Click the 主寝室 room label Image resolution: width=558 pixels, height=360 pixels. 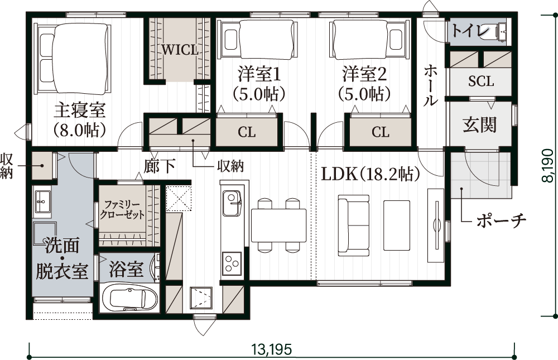tap(80, 111)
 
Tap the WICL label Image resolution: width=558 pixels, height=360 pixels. tap(180, 50)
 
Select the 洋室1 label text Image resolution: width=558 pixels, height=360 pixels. tap(259, 74)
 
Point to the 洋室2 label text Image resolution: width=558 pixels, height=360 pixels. tap(364, 74)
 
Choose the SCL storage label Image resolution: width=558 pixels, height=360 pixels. tap(481, 81)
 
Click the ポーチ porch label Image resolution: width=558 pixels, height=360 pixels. tap(501, 221)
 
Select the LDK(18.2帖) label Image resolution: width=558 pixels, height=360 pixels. tap(371, 174)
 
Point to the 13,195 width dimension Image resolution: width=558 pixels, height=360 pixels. tap(272, 349)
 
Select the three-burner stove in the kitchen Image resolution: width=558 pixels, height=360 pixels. tap(232, 263)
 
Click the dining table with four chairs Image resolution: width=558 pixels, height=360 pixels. tap(278, 225)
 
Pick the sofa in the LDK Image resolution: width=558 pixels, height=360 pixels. tap(354, 225)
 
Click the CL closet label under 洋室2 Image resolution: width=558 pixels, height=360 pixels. tap(381, 132)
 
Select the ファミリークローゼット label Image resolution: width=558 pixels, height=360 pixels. tap(122, 210)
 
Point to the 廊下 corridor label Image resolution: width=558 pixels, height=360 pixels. tap(160, 166)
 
